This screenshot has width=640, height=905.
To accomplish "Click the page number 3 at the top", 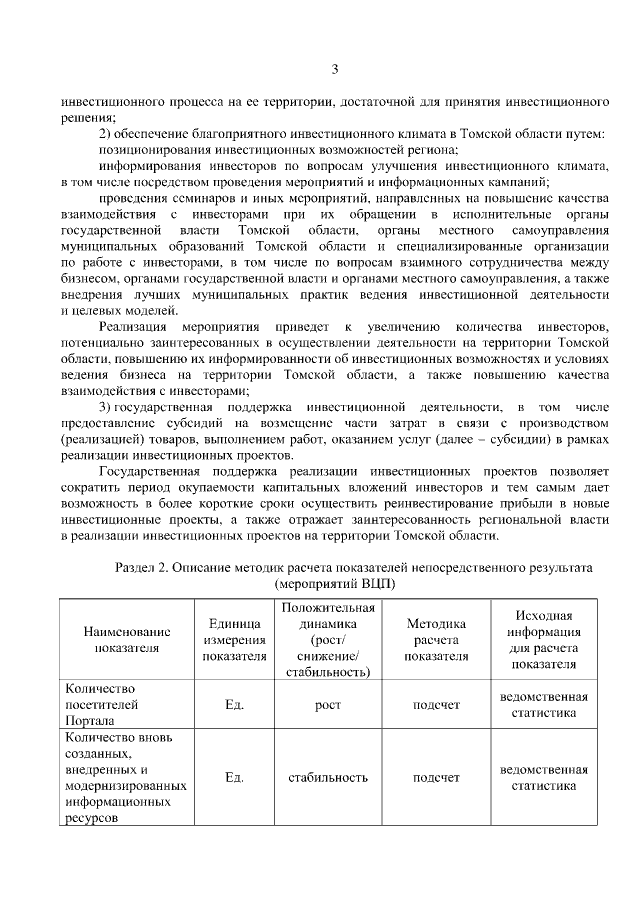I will pyautogui.click(x=336, y=68).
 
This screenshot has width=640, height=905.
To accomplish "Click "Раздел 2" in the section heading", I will pyautogui.click(x=144, y=567).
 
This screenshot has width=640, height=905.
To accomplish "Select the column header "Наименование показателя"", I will pyautogui.click(x=127, y=639).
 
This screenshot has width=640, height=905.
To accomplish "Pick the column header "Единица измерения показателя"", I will pyautogui.click(x=235, y=639).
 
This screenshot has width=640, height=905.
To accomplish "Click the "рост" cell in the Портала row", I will pyautogui.click(x=328, y=705).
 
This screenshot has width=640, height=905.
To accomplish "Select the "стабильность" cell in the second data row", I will pyautogui.click(x=328, y=777).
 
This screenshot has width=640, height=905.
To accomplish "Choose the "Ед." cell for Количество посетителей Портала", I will pyautogui.click(x=235, y=705).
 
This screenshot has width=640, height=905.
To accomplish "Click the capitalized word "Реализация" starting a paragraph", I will pyautogui.click(x=134, y=327).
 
